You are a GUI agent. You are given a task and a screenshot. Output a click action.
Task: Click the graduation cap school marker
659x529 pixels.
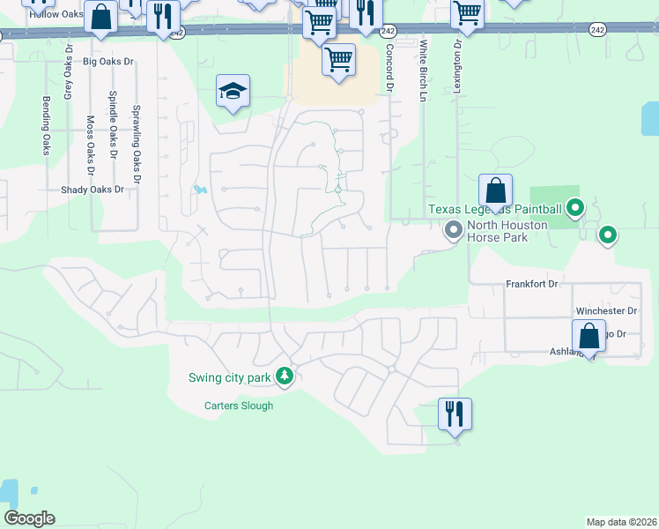pyautogui.click(x=233, y=91)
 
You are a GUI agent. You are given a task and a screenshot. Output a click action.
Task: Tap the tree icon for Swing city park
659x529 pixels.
pyautogui.click(x=284, y=376)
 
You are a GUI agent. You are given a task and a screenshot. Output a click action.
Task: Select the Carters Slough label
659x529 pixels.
pyautogui.click(x=239, y=406)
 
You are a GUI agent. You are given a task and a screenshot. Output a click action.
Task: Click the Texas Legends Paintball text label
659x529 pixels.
pyautogui.click(x=494, y=209)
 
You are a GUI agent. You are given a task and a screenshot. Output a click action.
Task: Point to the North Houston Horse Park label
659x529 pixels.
pyautogui.click(x=507, y=231)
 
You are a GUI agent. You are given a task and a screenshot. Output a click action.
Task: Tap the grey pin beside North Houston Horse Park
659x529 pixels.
pyautogui.click(x=454, y=231)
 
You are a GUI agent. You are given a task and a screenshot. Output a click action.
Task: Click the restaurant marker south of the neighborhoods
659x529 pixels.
pyautogui.click(x=455, y=414)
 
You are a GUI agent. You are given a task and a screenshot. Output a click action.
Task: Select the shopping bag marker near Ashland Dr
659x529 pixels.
pyautogui.click(x=589, y=336)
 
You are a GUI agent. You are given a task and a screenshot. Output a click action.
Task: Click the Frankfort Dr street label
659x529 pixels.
pyautogui.click(x=532, y=284)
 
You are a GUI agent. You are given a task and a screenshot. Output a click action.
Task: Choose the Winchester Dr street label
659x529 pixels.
pyautogui.click(x=605, y=311)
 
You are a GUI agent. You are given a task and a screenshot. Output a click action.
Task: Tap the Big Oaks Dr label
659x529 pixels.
pyautogui.click(x=107, y=62)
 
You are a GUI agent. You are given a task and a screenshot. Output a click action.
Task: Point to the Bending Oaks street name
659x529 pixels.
pyautogui.click(x=46, y=125)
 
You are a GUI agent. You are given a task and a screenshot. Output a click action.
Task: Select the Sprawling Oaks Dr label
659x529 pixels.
pyautogui.click(x=136, y=138)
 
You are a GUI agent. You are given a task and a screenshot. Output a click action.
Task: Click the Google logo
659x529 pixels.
pyautogui.click(x=29, y=518)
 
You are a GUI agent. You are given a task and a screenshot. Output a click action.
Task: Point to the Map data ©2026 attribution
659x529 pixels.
pyautogui.click(x=621, y=522)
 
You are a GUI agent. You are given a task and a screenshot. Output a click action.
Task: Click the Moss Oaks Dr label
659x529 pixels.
pyautogui.click(x=90, y=139)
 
